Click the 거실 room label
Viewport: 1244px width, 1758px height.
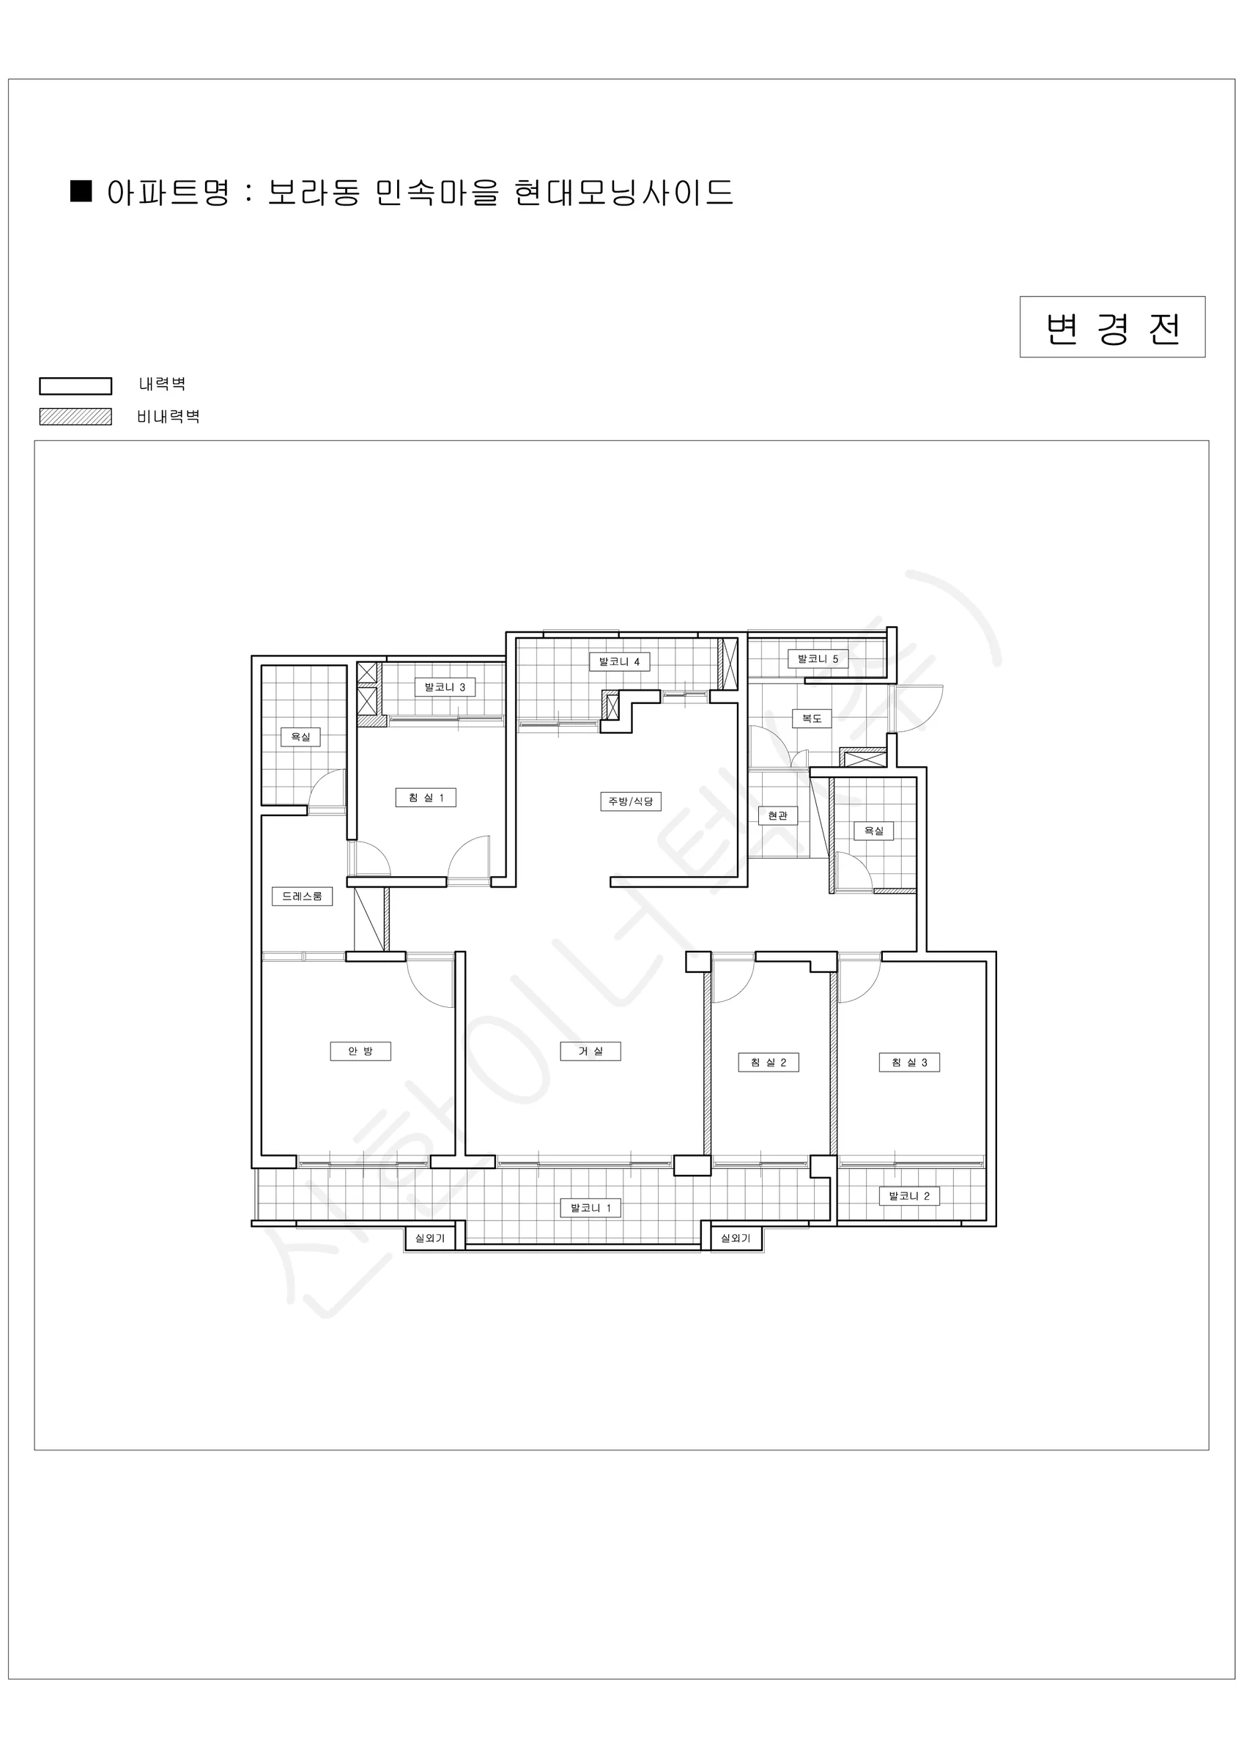590,1051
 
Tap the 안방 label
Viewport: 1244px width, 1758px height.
360,1051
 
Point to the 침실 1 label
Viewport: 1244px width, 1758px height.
426,798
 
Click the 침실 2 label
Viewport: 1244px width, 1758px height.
769,1062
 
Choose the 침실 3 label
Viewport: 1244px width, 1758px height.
909,1062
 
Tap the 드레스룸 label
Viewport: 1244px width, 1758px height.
303,896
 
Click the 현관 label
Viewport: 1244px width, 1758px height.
777,815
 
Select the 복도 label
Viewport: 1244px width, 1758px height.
812,718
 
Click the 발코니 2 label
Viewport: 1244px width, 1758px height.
909,1196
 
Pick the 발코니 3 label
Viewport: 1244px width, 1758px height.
445,687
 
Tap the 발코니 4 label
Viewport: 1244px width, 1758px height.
620,661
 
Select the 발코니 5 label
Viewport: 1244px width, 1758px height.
818,659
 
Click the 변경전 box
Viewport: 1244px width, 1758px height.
1112,327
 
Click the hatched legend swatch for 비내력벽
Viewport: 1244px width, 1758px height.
76,417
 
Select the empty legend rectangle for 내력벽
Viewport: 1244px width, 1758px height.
76,386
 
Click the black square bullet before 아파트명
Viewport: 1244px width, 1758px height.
81,190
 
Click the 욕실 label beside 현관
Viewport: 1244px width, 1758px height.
874,831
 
